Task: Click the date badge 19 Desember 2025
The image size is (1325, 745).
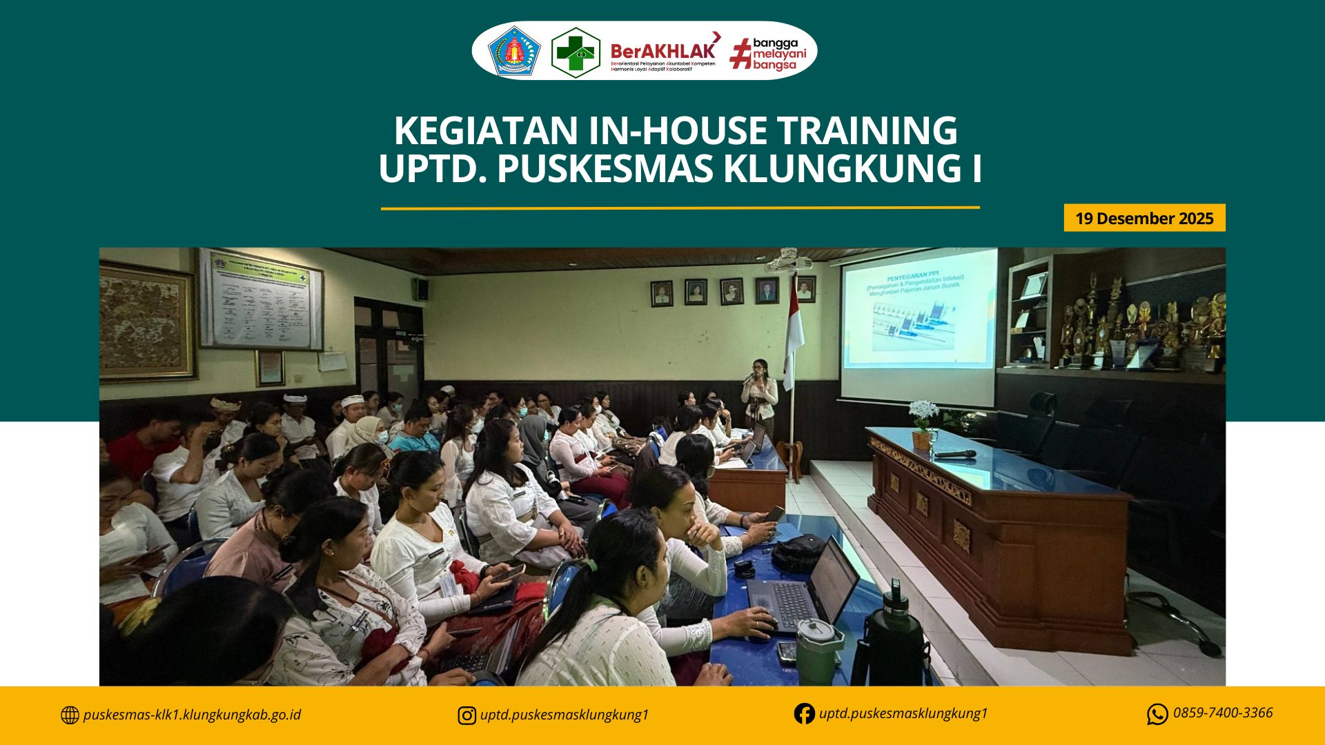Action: coord(1144,218)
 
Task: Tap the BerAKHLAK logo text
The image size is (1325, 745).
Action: coord(662,51)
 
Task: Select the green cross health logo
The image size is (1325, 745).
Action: coord(575,52)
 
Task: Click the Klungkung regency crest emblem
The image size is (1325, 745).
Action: coord(514,51)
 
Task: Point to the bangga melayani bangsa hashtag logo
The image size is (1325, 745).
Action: coord(768,53)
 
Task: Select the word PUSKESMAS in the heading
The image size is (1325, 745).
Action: coord(605,169)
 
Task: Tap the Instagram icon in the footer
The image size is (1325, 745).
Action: coord(467,715)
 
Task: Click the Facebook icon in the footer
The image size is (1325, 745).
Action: coord(804,713)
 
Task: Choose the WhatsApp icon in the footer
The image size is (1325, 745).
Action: coord(1157,714)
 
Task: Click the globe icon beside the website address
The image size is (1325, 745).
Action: coord(70,715)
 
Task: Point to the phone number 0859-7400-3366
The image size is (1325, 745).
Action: coord(1222,713)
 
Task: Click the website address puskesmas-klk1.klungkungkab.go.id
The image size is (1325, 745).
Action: coord(191,715)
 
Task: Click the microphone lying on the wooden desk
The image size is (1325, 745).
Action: coord(955,454)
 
